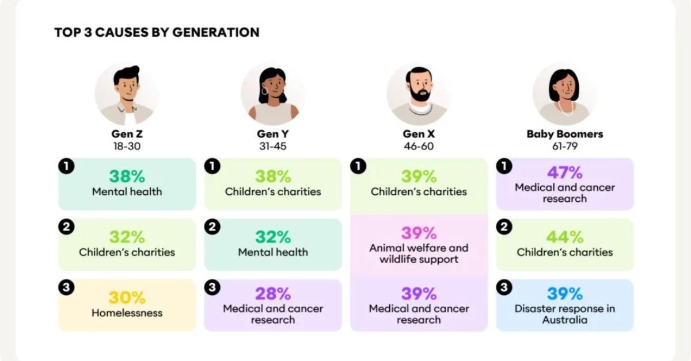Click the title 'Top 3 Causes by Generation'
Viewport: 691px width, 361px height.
click(x=157, y=32)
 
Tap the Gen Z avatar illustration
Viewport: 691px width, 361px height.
click(x=127, y=94)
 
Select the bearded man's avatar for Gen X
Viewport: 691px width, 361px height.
click(x=419, y=94)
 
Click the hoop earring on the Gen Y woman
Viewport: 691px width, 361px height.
click(x=265, y=91)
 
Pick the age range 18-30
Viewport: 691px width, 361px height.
click(x=127, y=146)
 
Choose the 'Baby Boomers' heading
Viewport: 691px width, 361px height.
click(x=564, y=134)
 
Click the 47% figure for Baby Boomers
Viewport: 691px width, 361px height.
click(x=564, y=172)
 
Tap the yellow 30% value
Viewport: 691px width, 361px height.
click(x=127, y=298)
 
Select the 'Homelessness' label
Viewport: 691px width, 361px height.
click(x=127, y=313)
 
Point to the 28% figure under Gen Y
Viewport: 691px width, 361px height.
click(x=273, y=294)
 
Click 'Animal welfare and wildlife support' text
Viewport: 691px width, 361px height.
click(x=419, y=254)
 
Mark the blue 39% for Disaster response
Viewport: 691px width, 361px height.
click(x=564, y=294)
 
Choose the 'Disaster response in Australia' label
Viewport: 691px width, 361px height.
click(x=564, y=314)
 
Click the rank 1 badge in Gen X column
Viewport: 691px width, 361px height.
click(x=358, y=166)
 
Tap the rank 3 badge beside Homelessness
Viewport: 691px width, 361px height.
click(x=66, y=287)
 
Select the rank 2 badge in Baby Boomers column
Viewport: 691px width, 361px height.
click(x=504, y=227)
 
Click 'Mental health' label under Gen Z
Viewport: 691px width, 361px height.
click(x=127, y=191)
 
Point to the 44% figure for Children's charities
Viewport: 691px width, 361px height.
click(x=564, y=237)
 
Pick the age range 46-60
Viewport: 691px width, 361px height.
click(x=419, y=146)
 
